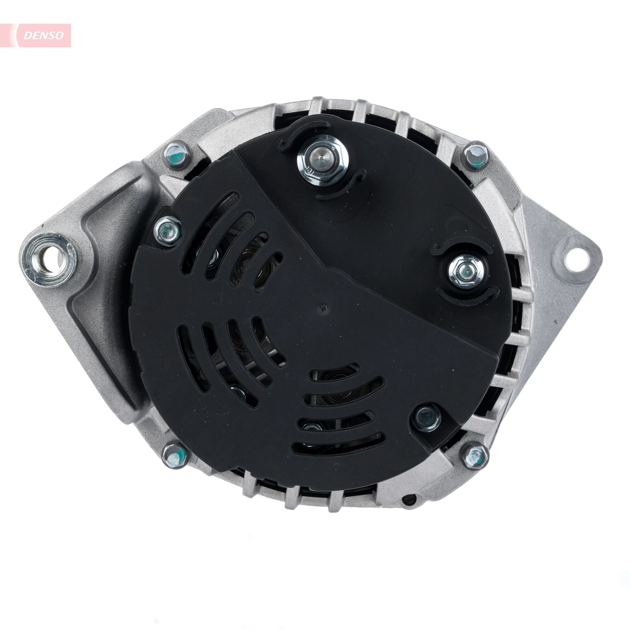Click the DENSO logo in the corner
pyautogui.click(x=43, y=35)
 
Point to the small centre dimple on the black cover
pyautogui.click(x=323, y=307)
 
